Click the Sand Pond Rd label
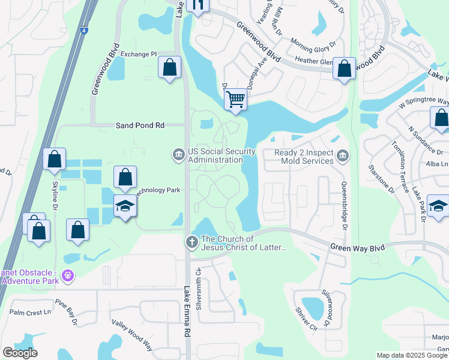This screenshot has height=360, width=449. click(x=140, y=126)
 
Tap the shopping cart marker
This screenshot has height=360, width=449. click(x=237, y=99)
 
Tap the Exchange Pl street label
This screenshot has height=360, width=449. click(x=138, y=54)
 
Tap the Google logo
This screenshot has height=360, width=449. click(x=20, y=353)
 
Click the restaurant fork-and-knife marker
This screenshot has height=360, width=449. click(x=197, y=5)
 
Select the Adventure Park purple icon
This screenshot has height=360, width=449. click(x=68, y=275)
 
